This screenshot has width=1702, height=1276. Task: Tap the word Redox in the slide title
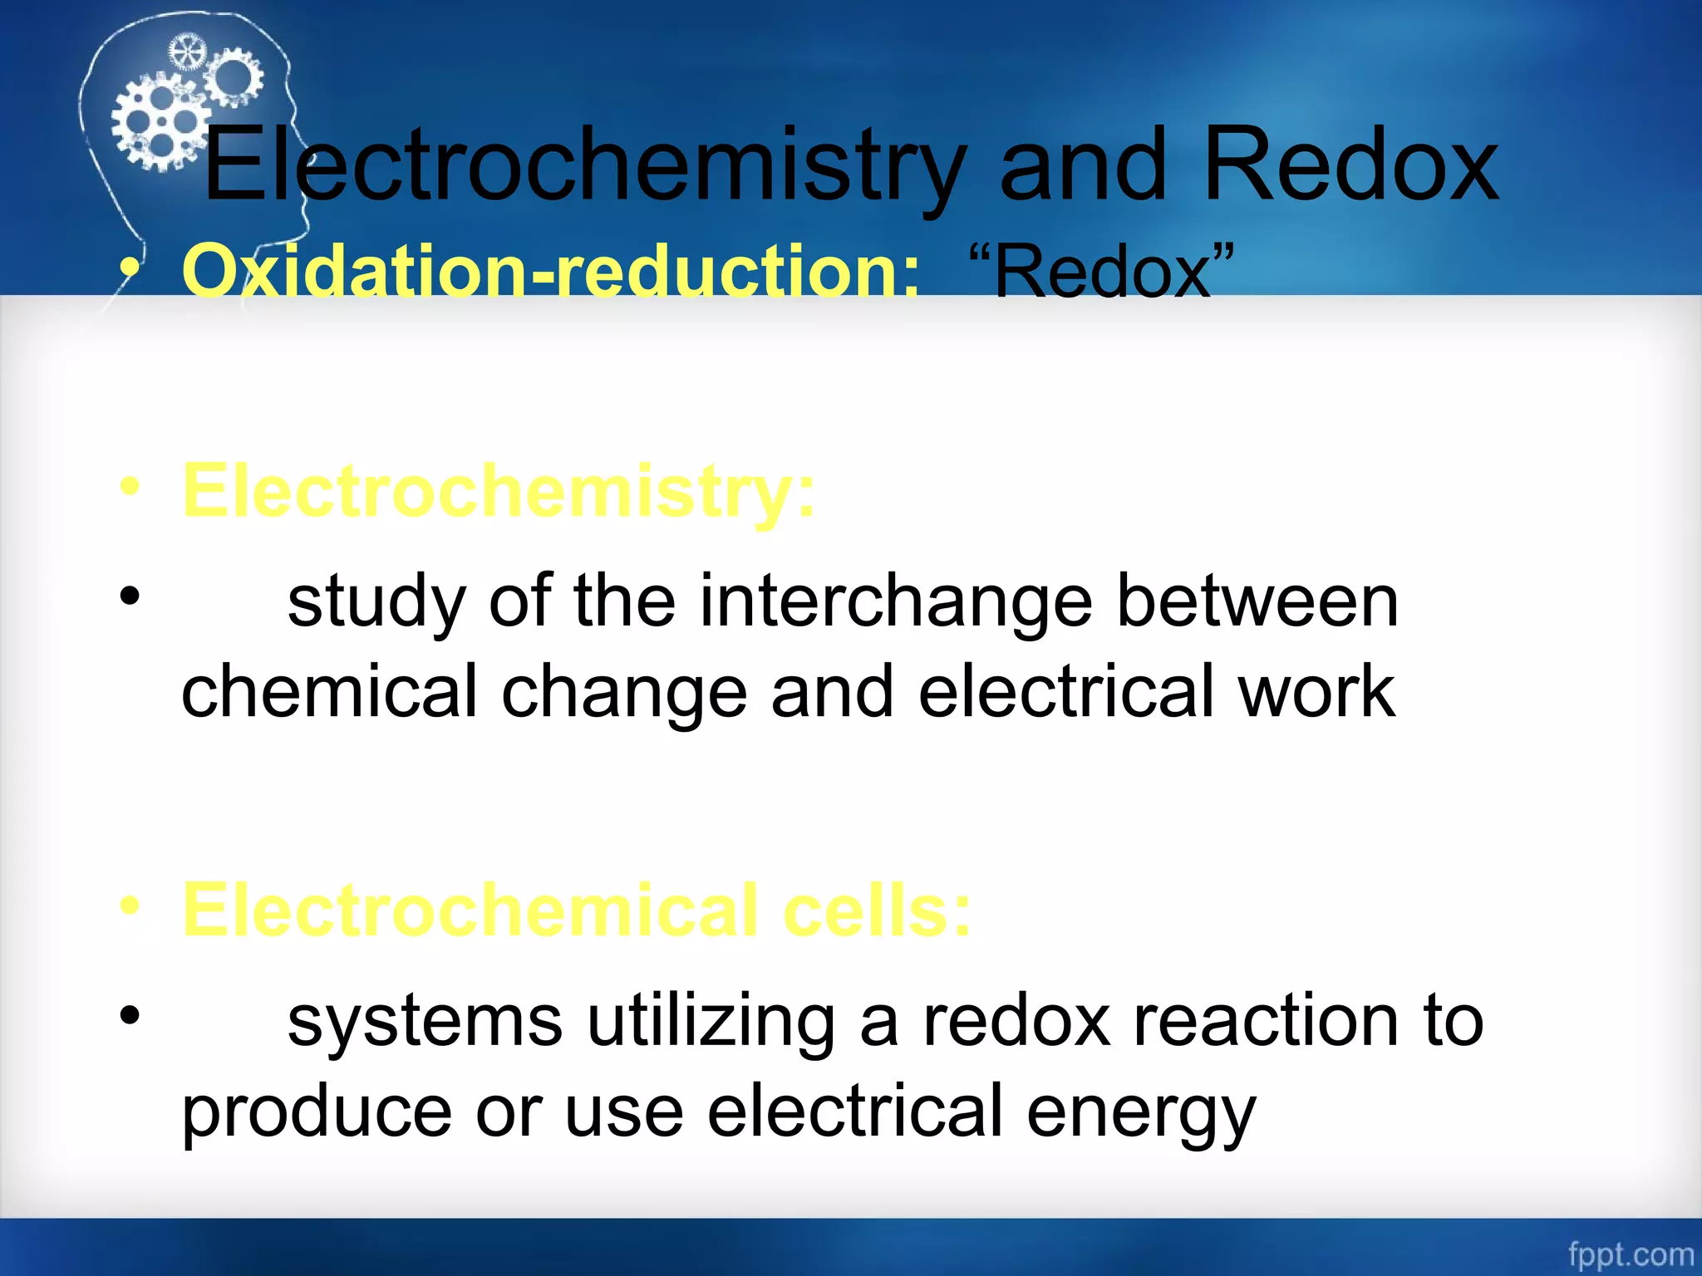tap(1350, 166)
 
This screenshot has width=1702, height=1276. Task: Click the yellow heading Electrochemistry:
tap(499, 492)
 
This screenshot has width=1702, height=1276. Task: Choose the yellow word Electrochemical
tap(470, 910)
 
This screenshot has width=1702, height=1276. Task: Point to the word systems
tap(425, 1022)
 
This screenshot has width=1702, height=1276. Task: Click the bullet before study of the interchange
tap(130, 596)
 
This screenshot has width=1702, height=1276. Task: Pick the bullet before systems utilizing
tap(130, 1015)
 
